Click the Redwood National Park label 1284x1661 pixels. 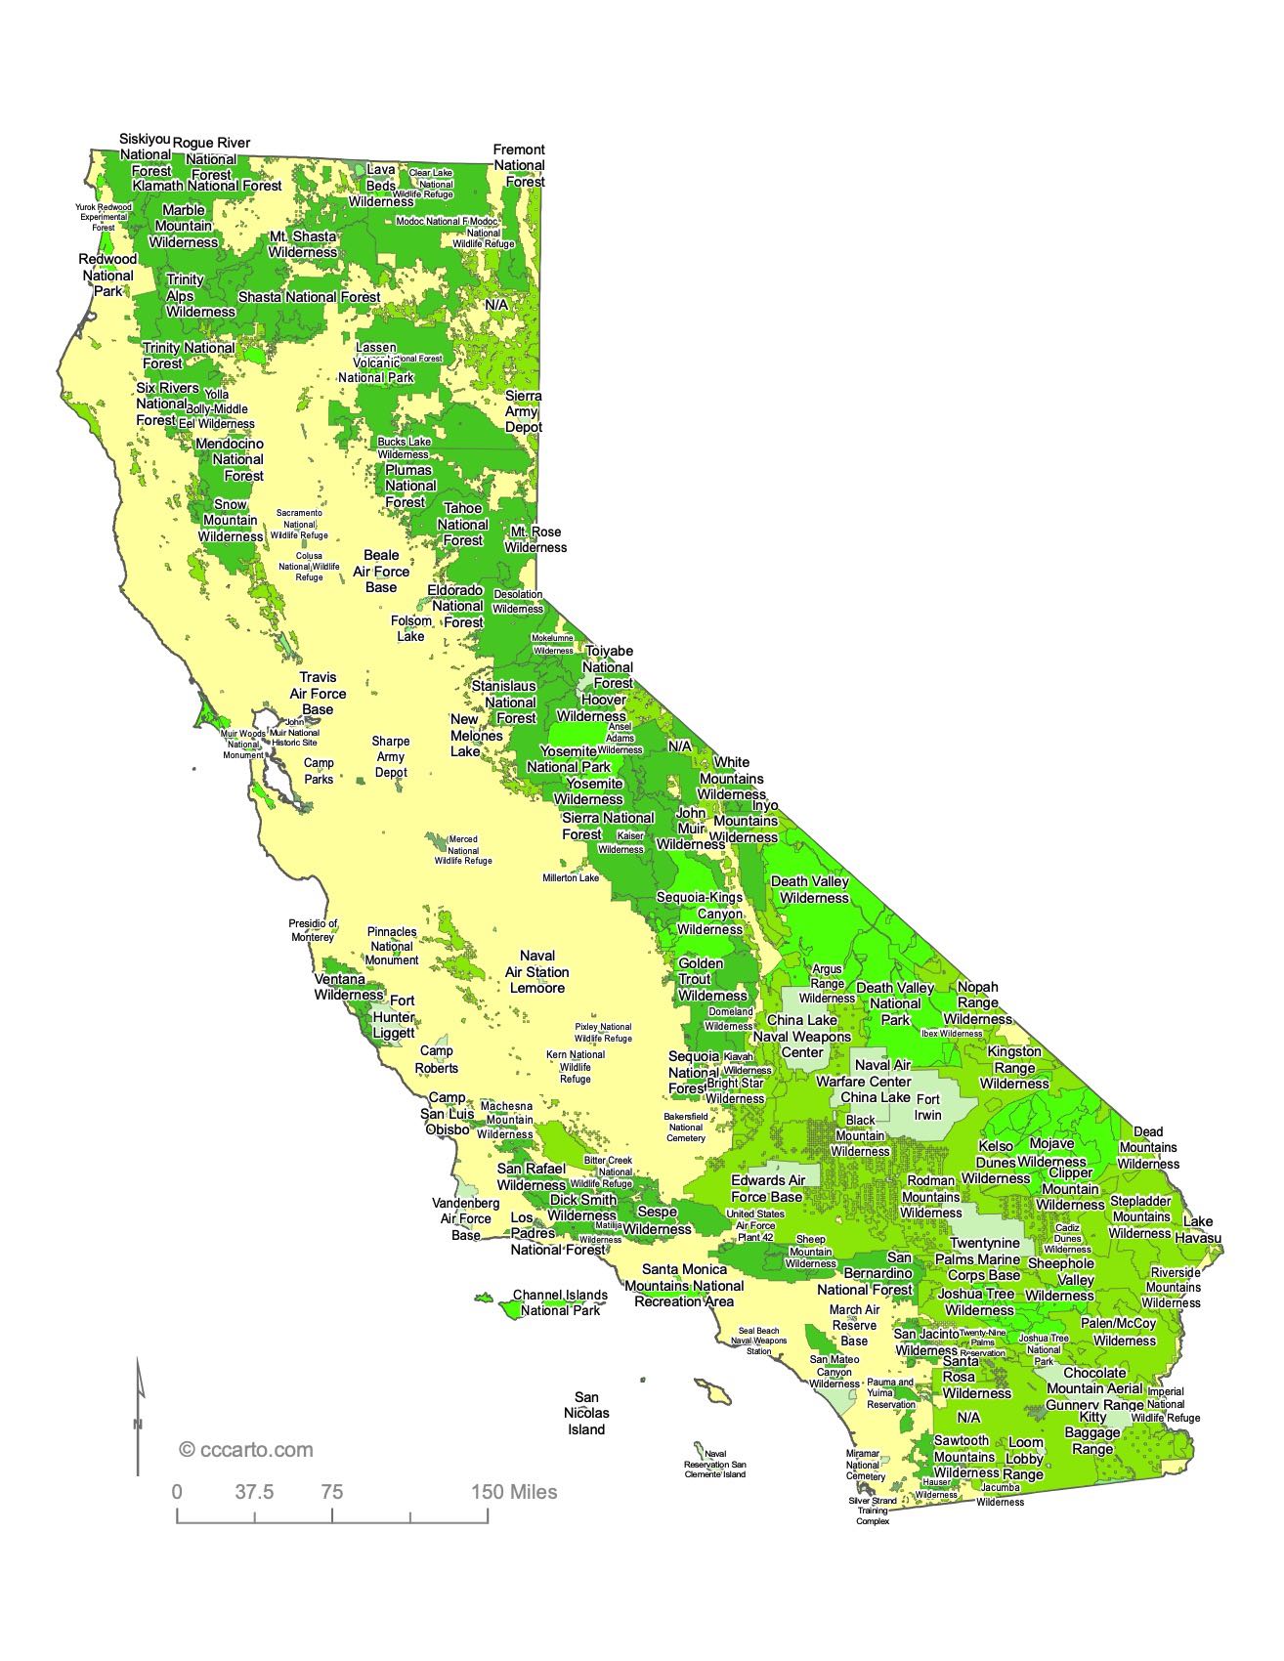[x=107, y=276]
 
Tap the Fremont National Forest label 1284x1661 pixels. [x=519, y=165]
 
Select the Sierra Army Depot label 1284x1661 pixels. [x=524, y=411]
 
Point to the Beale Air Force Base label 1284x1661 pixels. [x=381, y=571]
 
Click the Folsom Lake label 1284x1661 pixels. [x=411, y=628]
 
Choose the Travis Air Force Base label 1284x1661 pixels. [x=319, y=693]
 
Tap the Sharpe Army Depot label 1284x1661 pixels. [x=391, y=756]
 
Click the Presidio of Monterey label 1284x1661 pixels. [x=313, y=930]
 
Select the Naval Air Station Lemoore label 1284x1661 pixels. [x=537, y=971]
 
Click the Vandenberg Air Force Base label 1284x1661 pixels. [x=466, y=1218]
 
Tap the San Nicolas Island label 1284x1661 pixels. [x=586, y=1413]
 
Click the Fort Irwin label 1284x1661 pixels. [x=928, y=1106]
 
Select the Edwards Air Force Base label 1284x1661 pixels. [x=767, y=1188]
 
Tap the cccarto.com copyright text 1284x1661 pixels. [x=246, y=1450]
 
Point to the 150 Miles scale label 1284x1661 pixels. [x=515, y=1492]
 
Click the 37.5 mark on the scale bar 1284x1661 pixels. [x=254, y=1492]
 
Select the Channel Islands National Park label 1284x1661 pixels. [x=560, y=1302]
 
